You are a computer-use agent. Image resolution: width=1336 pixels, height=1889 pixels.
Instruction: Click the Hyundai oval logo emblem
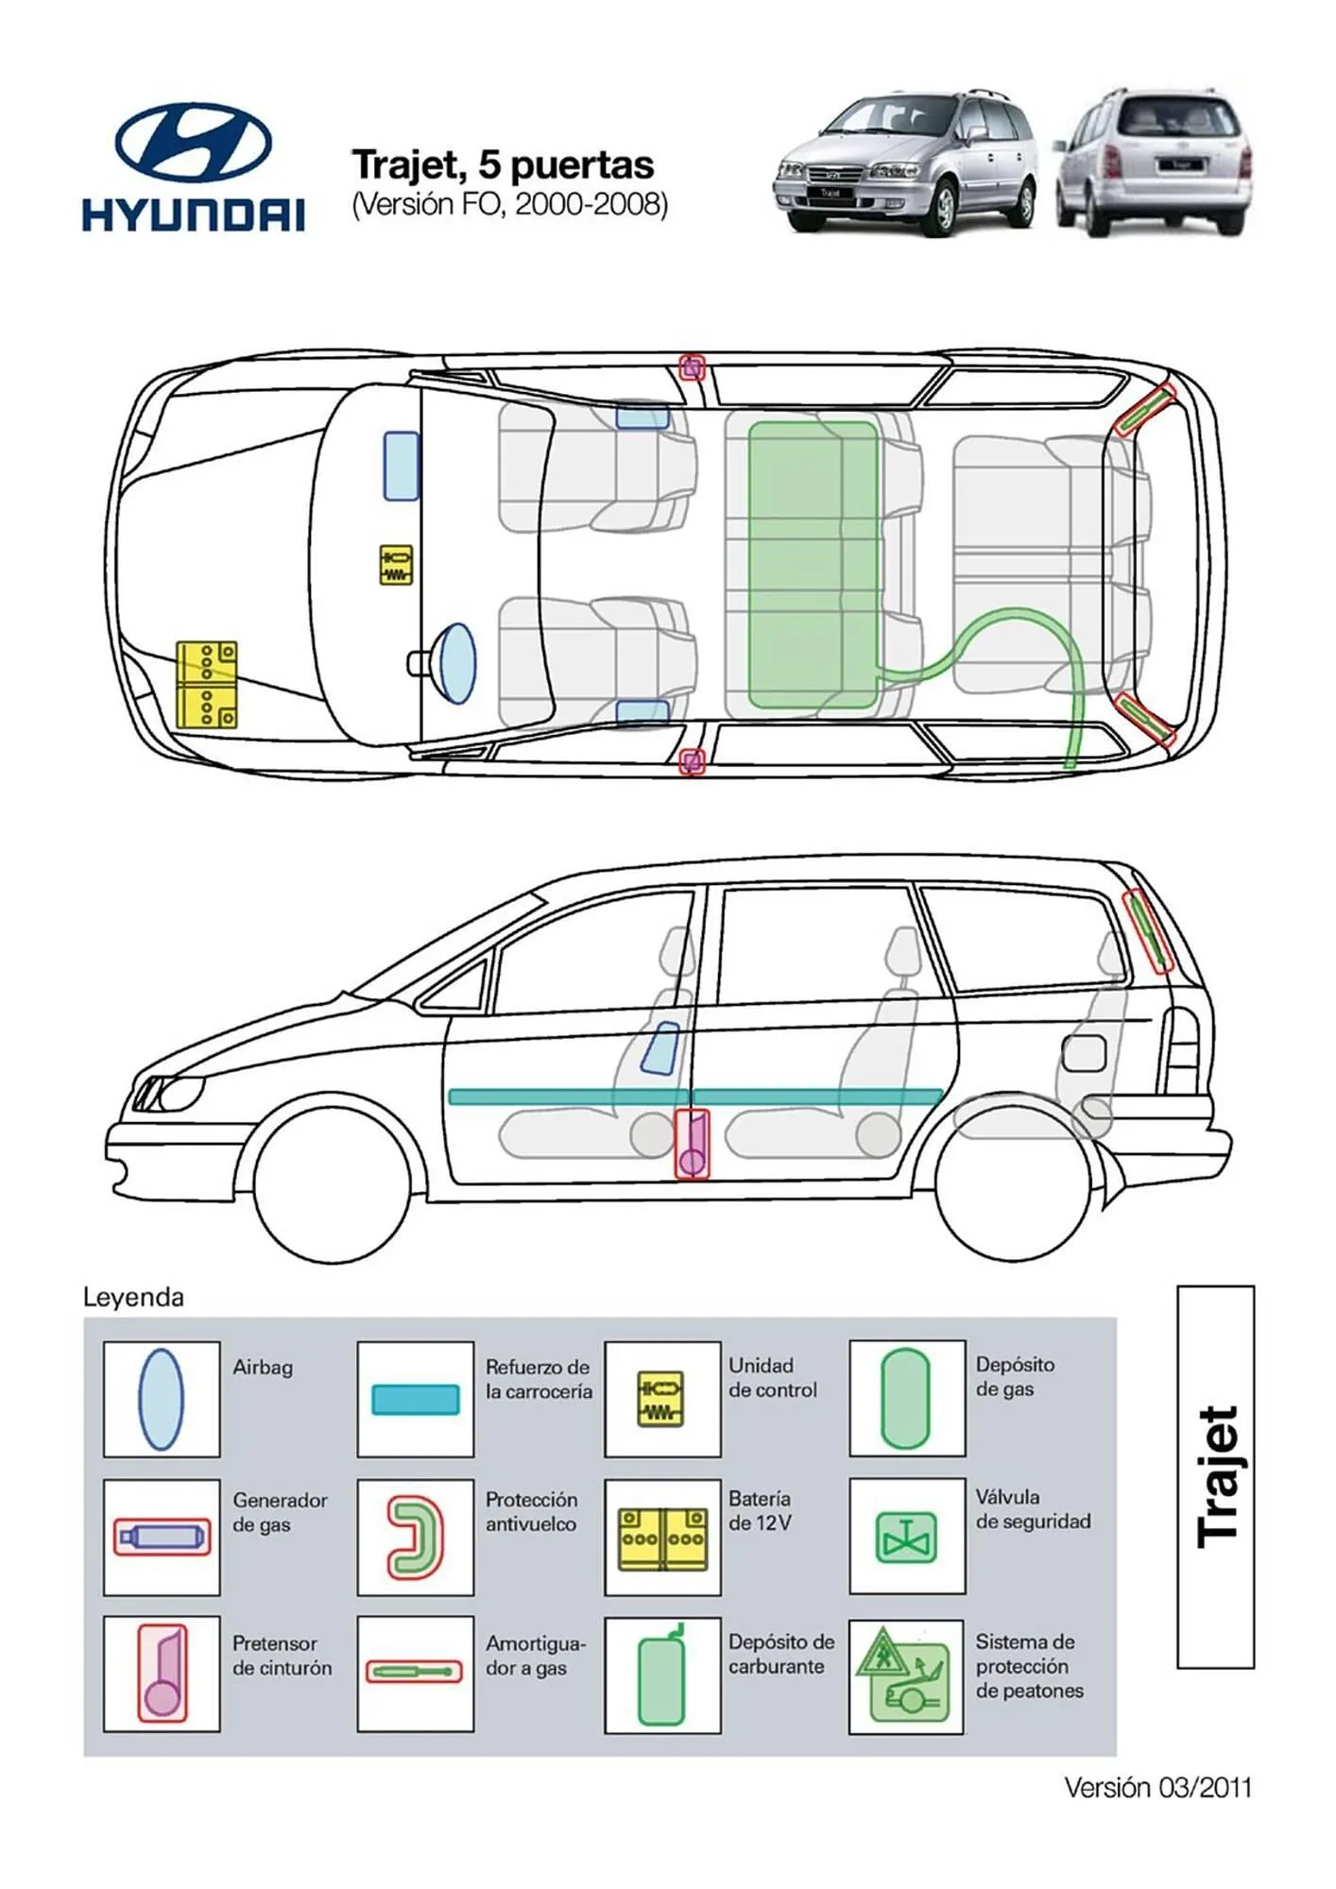[x=193, y=142]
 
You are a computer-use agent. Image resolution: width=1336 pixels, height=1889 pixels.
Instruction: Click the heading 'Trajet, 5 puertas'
[x=503, y=165]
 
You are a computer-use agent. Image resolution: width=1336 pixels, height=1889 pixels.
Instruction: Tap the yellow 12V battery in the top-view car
[x=206, y=684]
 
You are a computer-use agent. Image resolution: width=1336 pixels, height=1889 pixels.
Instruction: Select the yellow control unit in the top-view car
[x=396, y=565]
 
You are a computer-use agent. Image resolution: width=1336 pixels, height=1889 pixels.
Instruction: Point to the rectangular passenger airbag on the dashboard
[x=401, y=466]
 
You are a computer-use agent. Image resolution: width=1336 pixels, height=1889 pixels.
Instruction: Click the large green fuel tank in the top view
[x=813, y=565]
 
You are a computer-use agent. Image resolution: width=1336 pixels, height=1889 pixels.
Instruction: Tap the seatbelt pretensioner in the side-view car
[x=692, y=1144]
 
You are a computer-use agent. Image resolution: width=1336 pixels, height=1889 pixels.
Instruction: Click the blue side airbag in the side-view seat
[x=660, y=1047]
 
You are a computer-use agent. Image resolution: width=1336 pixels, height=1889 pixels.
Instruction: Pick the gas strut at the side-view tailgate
[x=1149, y=931]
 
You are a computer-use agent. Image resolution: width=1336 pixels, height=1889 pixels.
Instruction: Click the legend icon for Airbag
[x=161, y=1398]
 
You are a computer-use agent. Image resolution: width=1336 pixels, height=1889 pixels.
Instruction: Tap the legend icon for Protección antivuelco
[x=415, y=1537]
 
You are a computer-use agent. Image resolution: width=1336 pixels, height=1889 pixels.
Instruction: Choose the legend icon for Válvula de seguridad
[x=906, y=1536]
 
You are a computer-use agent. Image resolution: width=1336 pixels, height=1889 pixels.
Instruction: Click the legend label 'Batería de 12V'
[x=760, y=1510]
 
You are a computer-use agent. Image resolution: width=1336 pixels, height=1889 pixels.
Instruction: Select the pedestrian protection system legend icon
[x=905, y=1676]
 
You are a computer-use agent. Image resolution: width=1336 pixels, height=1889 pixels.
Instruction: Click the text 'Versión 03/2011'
[x=1157, y=1787]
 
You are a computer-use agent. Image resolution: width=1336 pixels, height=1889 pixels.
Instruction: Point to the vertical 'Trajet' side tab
[x=1215, y=1477]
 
